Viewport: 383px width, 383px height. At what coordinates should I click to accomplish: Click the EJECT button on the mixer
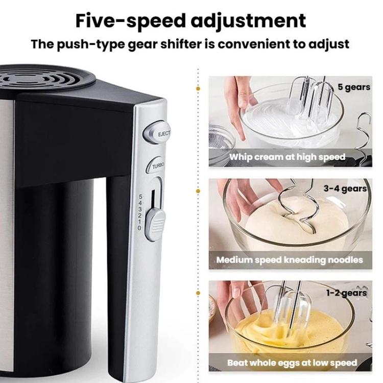[x=157, y=133]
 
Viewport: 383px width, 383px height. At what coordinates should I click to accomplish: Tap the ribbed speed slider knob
[x=155, y=224]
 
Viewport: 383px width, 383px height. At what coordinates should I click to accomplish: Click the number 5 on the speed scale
[x=140, y=196]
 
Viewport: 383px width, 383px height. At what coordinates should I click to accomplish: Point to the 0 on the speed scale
[x=139, y=228]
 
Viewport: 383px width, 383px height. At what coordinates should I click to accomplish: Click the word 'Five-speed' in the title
[x=130, y=21]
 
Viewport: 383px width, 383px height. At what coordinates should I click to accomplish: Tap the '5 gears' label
[x=354, y=87]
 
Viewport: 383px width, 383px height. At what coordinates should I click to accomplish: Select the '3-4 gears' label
[x=345, y=188]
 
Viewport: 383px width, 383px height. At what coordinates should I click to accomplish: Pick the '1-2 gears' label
[x=347, y=293]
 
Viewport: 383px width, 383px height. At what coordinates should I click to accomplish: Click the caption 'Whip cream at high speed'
[x=287, y=157]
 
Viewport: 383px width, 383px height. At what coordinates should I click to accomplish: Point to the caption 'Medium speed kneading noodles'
[x=290, y=260]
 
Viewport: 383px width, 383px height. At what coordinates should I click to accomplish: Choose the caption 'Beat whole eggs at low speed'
[x=292, y=363]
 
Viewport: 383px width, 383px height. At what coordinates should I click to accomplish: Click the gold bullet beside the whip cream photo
[x=198, y=89]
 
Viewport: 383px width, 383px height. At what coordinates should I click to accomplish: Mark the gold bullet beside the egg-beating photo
[x=198, y=293]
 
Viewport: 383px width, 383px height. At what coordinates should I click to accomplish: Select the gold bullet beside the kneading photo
[x=198, y=191]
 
